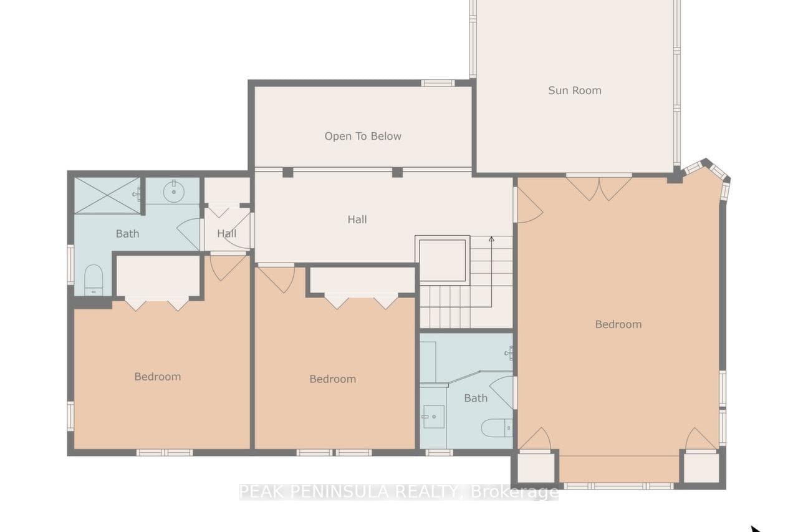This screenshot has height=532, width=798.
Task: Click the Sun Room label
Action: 575,90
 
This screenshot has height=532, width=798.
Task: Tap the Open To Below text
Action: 363,136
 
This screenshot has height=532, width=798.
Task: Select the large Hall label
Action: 357,220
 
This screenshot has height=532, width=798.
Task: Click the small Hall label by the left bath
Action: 226,233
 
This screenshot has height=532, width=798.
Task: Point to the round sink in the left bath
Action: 173,191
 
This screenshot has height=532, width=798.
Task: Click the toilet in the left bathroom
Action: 94,280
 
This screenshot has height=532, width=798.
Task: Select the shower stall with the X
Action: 107,196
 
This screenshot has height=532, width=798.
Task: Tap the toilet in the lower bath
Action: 497,428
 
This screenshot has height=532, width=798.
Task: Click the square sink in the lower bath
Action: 433,417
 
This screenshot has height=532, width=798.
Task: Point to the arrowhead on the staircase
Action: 491,239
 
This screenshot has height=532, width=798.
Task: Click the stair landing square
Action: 443,260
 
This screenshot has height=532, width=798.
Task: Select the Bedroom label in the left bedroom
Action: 158,377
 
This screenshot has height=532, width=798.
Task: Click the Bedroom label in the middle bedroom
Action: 332,379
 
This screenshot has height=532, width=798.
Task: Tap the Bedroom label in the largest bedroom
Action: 618,324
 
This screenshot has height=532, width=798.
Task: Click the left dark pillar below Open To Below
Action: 288,172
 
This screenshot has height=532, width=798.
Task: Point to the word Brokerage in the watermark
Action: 514,493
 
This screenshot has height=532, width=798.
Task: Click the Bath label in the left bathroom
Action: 127,234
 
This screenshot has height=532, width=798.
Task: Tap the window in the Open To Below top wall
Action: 438,83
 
